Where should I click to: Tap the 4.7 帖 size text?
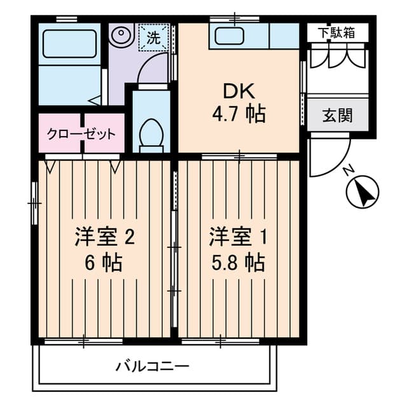(238, 115)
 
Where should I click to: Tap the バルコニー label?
(153, 366)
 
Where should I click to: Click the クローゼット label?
(81, 134)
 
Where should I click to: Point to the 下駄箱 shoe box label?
(337, 32)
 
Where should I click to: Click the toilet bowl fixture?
(151, 135)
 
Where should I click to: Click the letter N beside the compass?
(347, 170)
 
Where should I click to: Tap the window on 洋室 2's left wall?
(34, 203)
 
